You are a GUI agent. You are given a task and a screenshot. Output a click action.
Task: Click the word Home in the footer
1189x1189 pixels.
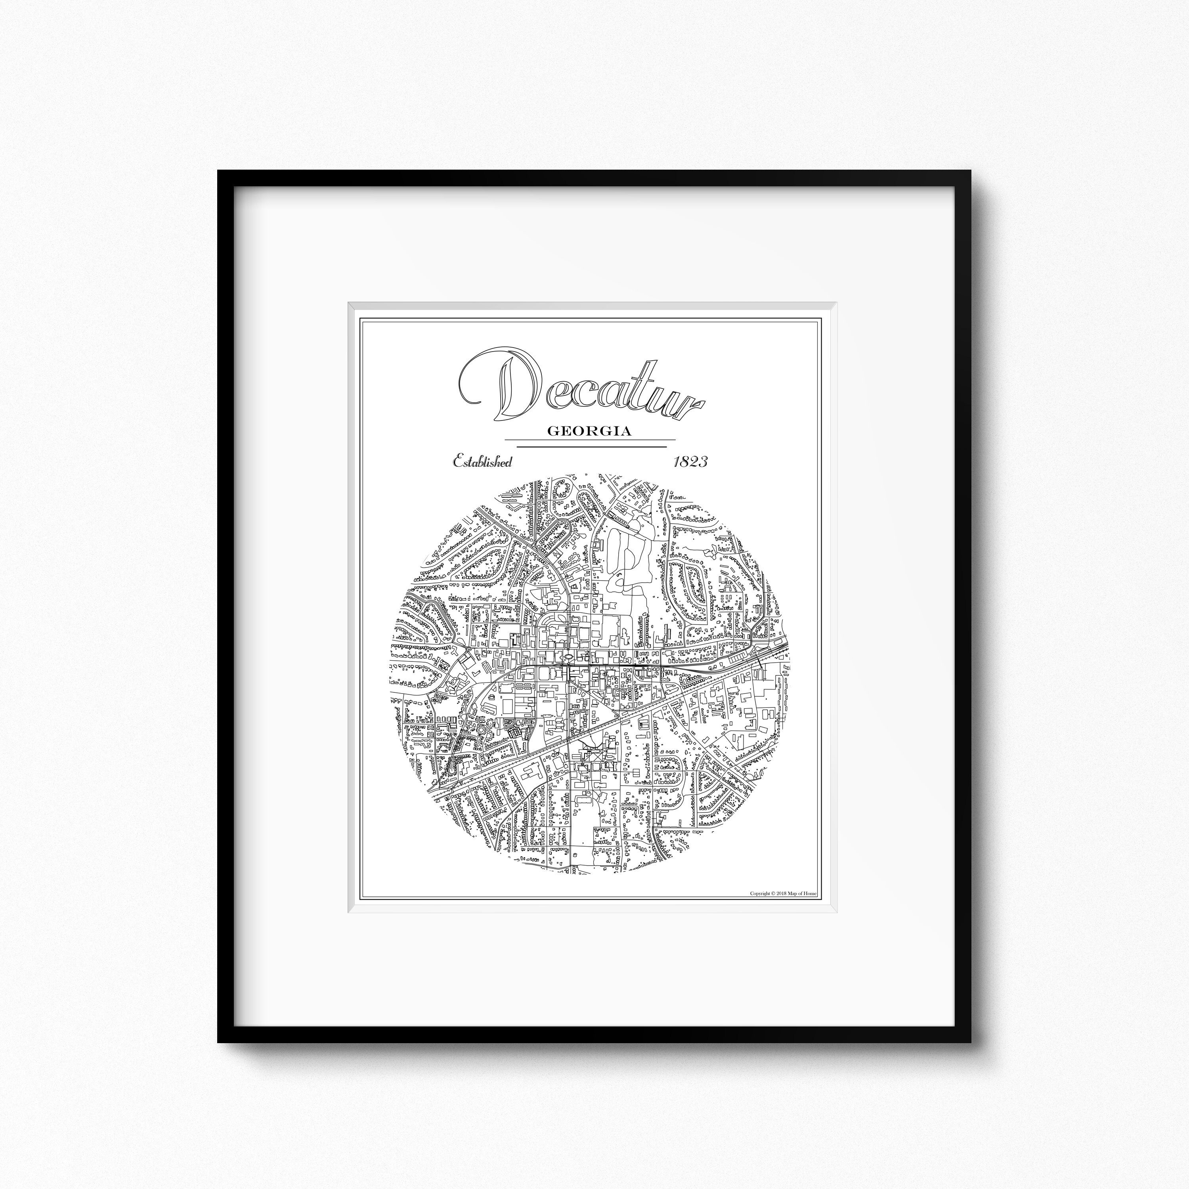(x=811, y=894)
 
